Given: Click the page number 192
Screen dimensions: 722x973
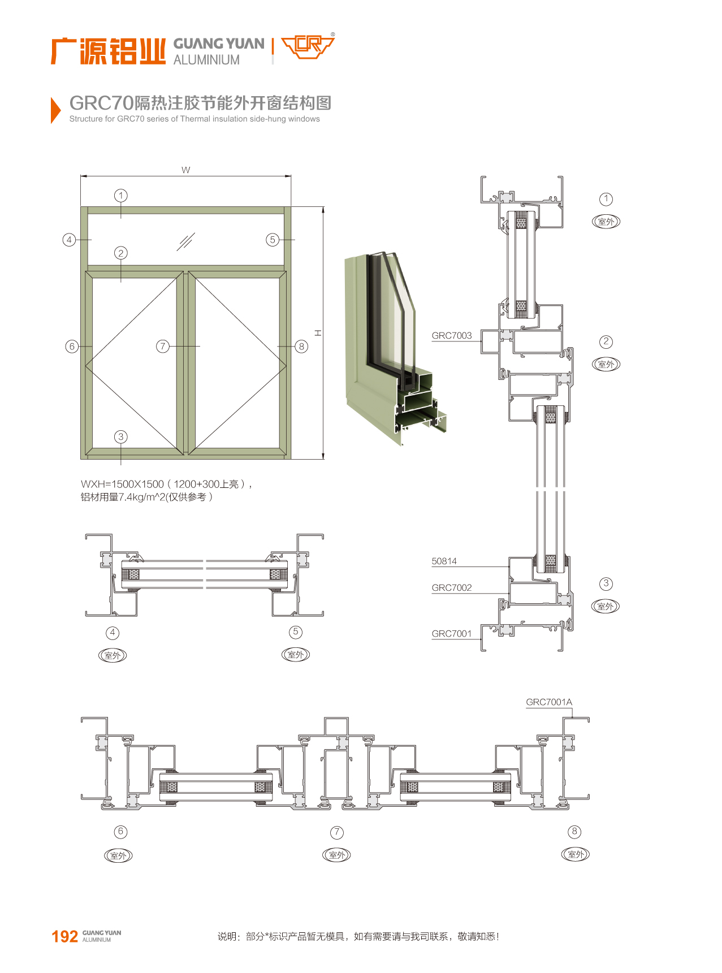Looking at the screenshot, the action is (64, 936).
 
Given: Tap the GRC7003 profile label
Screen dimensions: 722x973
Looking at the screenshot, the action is (452, 335).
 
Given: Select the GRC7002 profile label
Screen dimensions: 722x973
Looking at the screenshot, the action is (452, 587).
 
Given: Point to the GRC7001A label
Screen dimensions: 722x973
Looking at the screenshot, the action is (549, 702).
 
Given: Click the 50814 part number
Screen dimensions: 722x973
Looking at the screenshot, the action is (444, 561).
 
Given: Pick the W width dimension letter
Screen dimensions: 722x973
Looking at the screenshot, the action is (186, 170).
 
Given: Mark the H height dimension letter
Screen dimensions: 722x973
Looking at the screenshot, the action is (318, 333).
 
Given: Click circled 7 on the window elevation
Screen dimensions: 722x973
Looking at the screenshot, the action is (163, 346).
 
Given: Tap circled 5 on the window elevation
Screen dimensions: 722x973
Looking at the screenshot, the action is (273, 240).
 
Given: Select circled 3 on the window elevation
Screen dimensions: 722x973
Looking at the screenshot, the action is (120, 436).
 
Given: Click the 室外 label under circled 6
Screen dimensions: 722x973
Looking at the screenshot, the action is (118, 855).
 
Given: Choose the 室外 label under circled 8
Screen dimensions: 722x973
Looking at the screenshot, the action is (576, 854).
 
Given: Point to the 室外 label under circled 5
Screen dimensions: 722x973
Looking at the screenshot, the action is (296, 655).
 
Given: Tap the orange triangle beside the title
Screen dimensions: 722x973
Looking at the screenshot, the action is (55, 110).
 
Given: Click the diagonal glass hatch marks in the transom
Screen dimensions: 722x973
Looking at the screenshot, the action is (186, 241).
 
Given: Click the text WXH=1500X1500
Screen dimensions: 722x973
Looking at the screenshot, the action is (122, 484).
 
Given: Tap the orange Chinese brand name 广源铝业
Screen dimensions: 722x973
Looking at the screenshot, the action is (108, 51).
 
